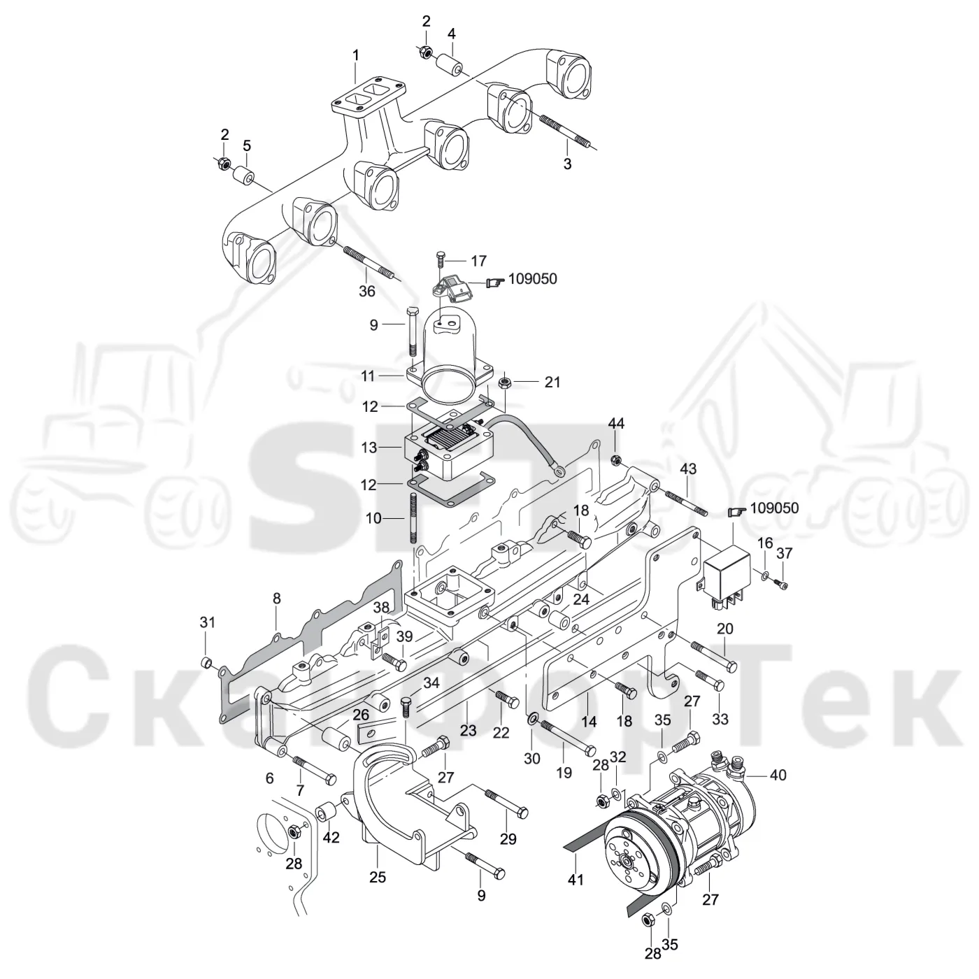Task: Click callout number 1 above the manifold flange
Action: [x=356, y=55]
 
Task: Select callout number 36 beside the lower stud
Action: [x=367, y=291]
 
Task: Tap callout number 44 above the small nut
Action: [x=616, y=423]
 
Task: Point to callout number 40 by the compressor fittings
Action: [x=778, y=776]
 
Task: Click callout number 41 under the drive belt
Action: [x=576, y=880]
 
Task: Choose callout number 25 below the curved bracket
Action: [x=378, y=878]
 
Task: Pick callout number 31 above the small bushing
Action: [x=207, y=622]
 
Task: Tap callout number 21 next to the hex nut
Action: [x=552, y=382]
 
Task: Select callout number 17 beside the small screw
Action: [x=478, y=261]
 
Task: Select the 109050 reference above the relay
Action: [x=774, y=508]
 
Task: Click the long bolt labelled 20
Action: [x=713, y=656]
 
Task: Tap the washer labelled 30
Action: [x=533, y=720]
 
